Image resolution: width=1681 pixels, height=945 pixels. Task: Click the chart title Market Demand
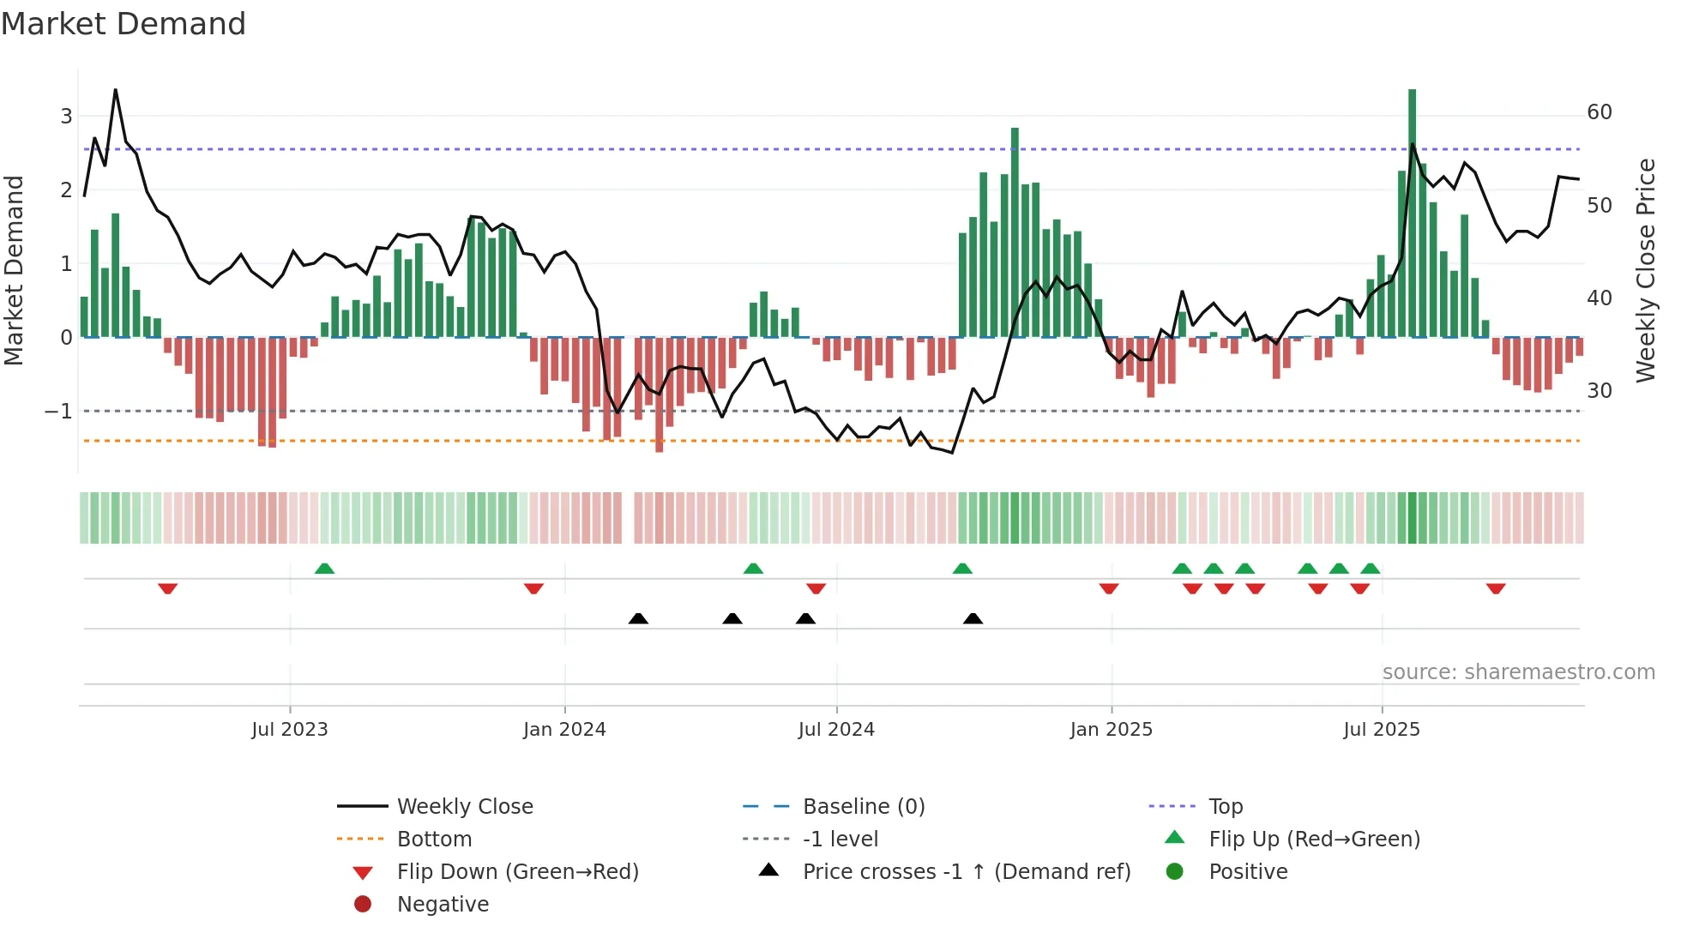click(124, 24)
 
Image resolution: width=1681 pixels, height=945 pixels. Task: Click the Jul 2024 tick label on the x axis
click(836, 730)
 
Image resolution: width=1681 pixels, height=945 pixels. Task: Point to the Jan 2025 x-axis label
click(1111, 730)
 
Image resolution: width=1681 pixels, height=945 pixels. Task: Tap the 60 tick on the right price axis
click(1599, 112)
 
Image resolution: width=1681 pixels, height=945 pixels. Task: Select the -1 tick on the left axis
click(58, 412)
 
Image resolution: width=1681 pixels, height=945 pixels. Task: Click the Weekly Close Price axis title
click(1645, 270)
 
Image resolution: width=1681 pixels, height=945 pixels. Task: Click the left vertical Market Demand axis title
click(14, 270)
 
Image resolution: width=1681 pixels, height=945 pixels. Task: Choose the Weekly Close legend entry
click(464, 807)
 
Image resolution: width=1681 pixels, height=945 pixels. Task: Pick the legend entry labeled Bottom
click(434, 840)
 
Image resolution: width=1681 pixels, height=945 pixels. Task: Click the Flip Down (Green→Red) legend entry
click(517, 872)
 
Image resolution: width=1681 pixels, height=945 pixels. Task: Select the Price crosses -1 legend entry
click(966, 872)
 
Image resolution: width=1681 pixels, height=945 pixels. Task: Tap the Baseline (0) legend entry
click(863, 807)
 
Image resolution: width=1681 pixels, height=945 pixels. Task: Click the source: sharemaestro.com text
click(1518, 672)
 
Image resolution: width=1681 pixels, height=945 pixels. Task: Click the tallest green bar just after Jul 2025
click(1412, 214)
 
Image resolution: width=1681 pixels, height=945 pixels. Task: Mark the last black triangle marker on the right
click(973, 618)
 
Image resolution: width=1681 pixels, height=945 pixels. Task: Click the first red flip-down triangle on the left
click(168, 588)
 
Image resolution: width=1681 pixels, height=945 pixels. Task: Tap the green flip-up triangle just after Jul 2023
click(324, 569)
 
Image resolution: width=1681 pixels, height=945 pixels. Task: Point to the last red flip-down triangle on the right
click(1496, 588)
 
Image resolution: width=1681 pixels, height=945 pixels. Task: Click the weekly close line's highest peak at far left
click(116, 90)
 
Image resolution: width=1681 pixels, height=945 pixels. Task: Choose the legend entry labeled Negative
click(443, 905)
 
